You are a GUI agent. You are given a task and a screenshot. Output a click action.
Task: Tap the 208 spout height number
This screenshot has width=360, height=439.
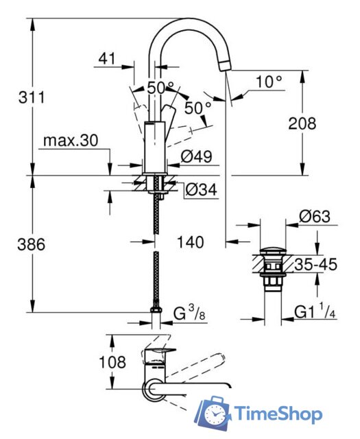[x=302, y=123]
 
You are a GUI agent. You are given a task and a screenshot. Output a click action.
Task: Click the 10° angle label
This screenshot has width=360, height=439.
[x=269, y=82]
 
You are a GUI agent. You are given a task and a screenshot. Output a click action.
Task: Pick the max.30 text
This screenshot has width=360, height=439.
[x=71, y=141]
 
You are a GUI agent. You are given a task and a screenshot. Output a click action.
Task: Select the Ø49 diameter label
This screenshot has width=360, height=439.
[x=195, y=157]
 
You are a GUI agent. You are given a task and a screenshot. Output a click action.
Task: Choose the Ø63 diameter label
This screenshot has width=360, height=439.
[x=315, y=216]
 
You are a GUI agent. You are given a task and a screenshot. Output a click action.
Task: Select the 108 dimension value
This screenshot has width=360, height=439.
[x=112, y=361]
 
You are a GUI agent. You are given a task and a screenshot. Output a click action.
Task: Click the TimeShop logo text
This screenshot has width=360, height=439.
[x=278, y=414]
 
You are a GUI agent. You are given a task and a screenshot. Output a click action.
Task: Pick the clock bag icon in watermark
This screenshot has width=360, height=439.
[x=213, y=414]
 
